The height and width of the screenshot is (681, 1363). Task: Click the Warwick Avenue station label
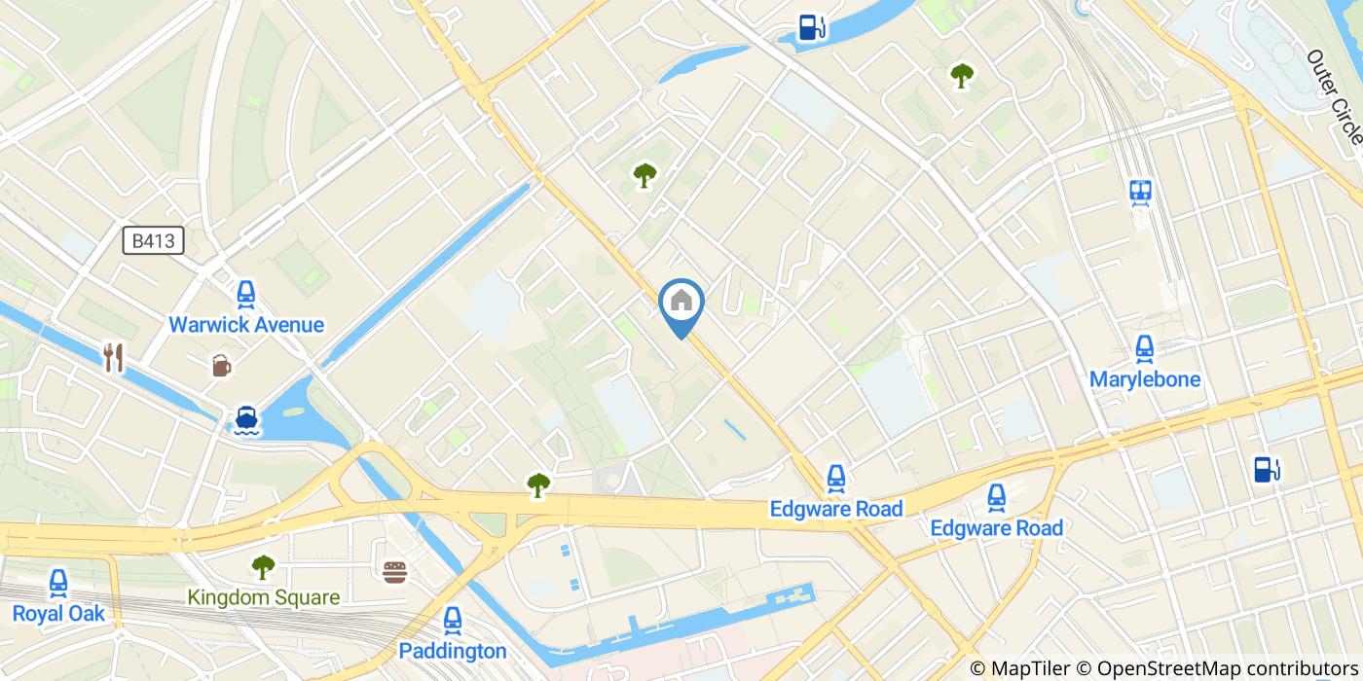[x=246, y=325]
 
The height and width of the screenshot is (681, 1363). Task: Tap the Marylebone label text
[x=1144, y=379]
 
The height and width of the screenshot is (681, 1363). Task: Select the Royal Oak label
[x=58, y=614]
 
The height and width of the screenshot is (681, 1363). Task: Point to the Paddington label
[x=453, y=651]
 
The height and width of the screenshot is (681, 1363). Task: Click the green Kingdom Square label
[x=264, y=597]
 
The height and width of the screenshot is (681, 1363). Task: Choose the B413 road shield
[x=154, y=240]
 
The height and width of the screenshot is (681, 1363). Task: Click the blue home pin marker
[x=681, y=304]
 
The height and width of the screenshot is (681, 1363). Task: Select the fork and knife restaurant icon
[x=114, y=357]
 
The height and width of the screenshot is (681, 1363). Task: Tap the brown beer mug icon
[x=222, y=366]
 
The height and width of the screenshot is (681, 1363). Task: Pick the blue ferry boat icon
[x=246, y=419]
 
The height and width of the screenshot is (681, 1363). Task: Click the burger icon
[x=394, y=572]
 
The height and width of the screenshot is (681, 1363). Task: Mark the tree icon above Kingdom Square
[x=263, y=566]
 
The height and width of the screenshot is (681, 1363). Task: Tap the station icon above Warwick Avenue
[x=246, y=294]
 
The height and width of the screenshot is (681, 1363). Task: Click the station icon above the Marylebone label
[x=1144, y=347]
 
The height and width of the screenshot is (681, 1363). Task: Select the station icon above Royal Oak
[x=58, y=583]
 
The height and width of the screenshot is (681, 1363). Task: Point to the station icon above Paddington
[x=453, y=620]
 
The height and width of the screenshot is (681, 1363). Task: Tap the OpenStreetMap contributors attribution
[x=1217, y=668]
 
